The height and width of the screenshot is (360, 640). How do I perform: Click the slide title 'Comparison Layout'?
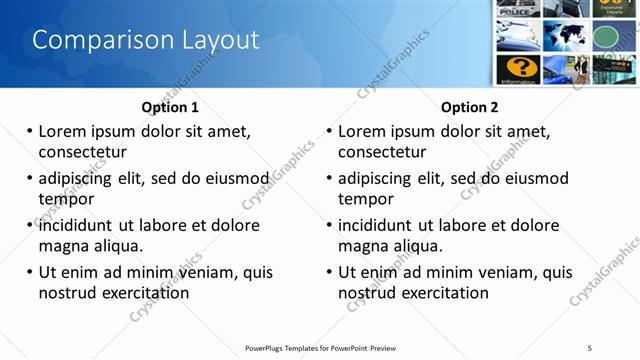[146, 40]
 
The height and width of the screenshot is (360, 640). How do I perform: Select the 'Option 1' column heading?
[170, 107]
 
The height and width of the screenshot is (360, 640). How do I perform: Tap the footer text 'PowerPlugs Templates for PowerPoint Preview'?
[321, 347]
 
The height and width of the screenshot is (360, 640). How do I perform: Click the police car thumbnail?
[518, 8]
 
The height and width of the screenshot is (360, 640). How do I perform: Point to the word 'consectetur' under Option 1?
[83, 152]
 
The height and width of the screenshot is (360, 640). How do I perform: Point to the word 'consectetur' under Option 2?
[383, 152]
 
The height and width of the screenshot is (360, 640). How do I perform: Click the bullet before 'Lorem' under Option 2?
[330, 131]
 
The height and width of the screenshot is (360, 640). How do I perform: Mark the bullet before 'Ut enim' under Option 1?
[30, 272]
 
